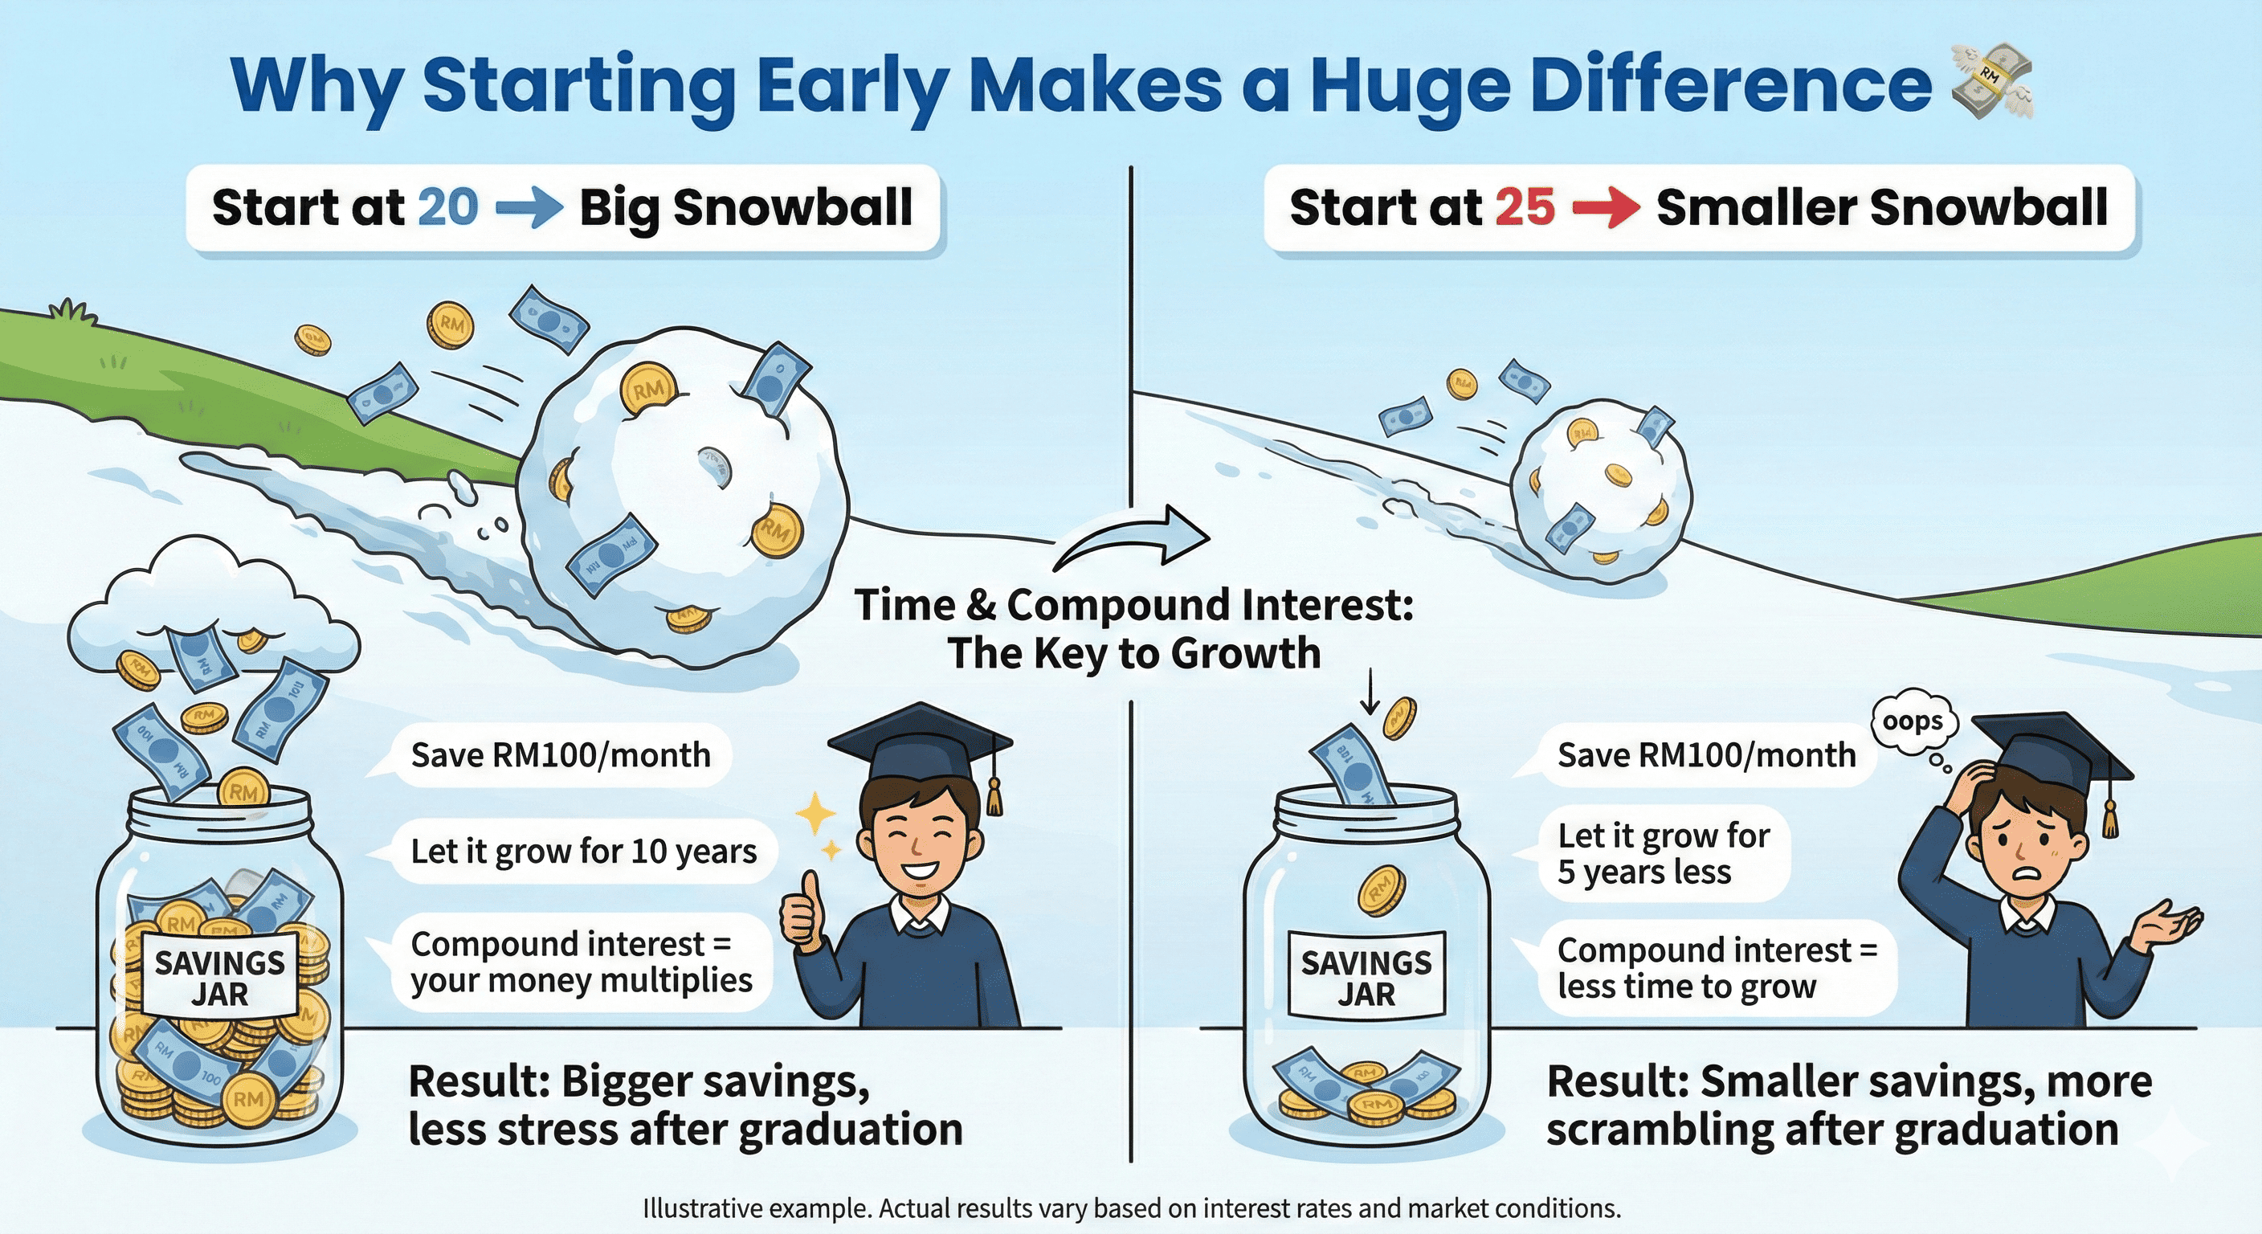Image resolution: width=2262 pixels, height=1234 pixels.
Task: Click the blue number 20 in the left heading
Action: (448, 207)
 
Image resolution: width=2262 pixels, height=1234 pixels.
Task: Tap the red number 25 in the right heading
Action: (1525, 207)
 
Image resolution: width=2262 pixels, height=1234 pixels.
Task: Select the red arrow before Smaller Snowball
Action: (1606, 208)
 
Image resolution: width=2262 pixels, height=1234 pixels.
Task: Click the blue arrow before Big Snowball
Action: (529, 208)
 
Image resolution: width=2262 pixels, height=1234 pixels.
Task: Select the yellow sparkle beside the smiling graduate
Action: (814, 813)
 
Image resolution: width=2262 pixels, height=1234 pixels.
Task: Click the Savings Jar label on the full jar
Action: (219, 979)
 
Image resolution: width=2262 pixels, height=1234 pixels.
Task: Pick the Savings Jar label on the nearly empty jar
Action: (1366, 977)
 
